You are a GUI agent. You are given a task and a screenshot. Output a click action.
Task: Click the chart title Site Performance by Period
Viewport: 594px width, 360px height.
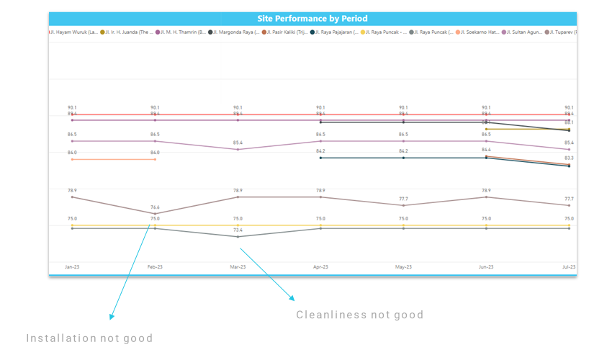tap(312, 19)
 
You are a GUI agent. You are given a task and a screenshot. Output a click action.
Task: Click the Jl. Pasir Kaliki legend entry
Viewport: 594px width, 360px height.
tap(286, 32)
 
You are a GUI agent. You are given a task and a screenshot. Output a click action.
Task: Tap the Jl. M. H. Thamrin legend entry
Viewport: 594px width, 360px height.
tap(181, 32)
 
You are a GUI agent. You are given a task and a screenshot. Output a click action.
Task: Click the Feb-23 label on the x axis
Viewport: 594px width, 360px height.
tap(155, 267)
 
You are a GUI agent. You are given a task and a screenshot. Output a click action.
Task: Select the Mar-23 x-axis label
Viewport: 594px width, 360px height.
tap(238, 267)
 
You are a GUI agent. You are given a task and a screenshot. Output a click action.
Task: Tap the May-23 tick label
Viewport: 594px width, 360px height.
tap(403, 267)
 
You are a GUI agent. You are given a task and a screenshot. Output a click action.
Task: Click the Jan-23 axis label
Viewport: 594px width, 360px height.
tap(72, 267)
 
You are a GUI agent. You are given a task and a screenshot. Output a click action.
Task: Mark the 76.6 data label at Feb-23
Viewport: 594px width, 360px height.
tap(155, 207)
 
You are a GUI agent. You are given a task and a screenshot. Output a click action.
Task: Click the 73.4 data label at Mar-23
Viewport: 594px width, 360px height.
tap(238, 230)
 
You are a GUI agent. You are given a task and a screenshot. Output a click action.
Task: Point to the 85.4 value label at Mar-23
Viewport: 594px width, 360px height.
tap(238, 143)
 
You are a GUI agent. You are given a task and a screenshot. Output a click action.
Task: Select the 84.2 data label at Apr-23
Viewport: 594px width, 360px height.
tap(320, 151)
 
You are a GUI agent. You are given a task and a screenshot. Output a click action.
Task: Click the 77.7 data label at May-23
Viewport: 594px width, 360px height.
tap(403, 199)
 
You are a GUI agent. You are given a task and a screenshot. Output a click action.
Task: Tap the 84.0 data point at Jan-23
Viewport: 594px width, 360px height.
tap(72, 159)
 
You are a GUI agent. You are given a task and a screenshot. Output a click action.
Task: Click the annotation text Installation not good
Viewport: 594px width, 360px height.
tap(89, 338)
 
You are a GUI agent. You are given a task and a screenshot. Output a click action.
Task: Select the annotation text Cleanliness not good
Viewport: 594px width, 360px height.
tap(360, 315)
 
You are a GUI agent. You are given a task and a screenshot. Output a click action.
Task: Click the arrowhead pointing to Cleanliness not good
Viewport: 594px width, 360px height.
tap(292, 297)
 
